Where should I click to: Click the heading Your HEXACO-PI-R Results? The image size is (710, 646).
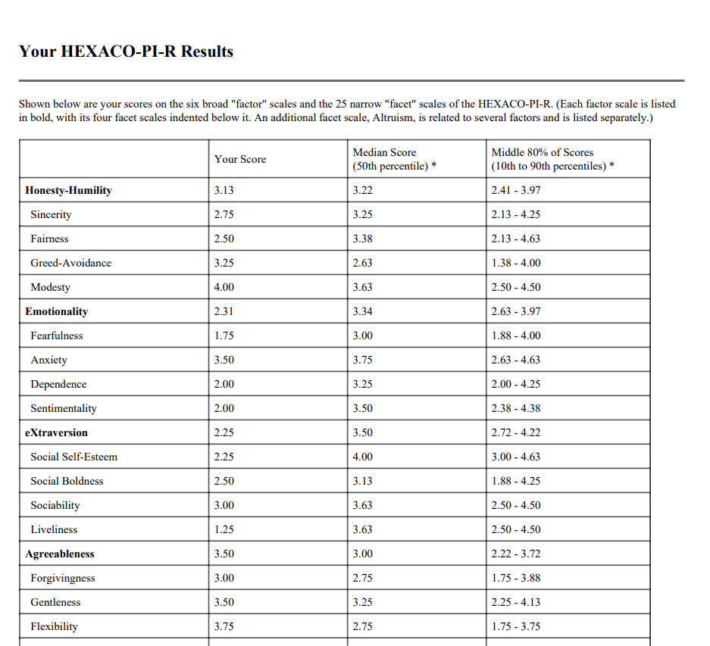pyautogui.click(x=126, y=51)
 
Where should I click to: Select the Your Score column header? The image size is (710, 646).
pyautogui.click(x=240, y=159)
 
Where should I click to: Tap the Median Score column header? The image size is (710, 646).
pyautogui.click(x=384, y=153)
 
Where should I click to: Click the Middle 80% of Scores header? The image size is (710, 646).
pyautogui.click(x=542, y=153)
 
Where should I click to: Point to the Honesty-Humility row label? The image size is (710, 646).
pyautogui.click(x=68, y=190)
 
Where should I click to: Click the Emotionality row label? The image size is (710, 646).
pyautogui.click(x=56, y=311)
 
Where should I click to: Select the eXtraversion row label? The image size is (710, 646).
pyautogui.click(x=56, y=432)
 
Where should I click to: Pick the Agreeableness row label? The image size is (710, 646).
pyautogui.click(x=59, y=554)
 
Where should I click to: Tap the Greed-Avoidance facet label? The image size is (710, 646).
pyautogui.click(x=70, y=263)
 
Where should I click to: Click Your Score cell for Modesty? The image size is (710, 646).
pyautogui.click(x=224, y=287)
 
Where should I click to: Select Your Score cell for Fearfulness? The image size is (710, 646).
pyautogui.click(x=224, y=335)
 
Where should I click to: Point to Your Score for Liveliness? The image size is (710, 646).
pyautogui.click(x=224, y=529)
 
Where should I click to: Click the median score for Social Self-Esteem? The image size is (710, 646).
pyautogui.click(x=363, y=457)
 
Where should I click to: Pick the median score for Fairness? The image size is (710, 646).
pyautogui.click(x=363, y=239)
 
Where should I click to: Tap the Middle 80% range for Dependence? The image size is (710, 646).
pyautogui.click(x=516, y=384)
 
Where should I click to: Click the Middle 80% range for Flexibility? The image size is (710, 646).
pyautogui.click(x=516, y=626)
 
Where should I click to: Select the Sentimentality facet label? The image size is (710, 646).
pyautogui.click(x=64, y=408)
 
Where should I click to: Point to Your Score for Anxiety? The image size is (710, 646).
pyautogui.click(x=224, y=360)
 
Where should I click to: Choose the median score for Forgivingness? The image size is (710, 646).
pyautogui.click(x=363, y=578)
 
